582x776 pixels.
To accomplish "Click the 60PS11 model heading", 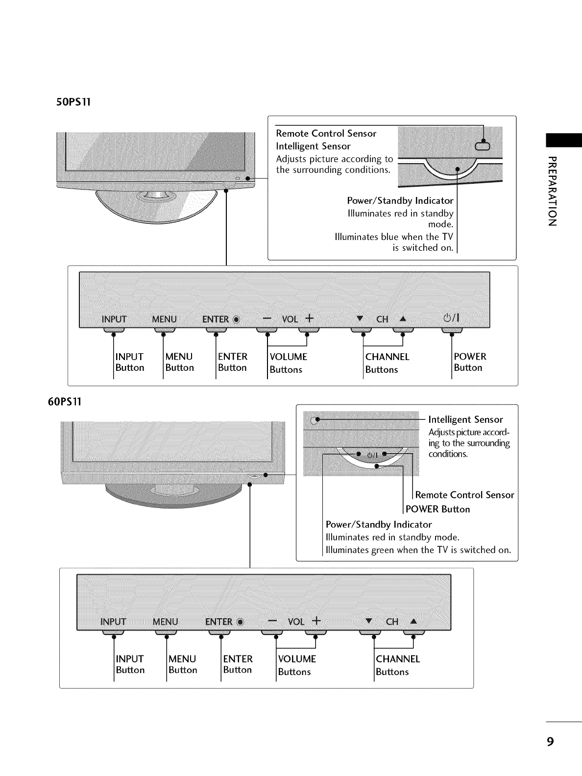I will (63, 402).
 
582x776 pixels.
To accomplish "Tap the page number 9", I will (551, 741).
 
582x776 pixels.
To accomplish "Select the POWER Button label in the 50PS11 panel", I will (470, 362).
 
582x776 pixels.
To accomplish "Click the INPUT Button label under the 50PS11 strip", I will (130, 362).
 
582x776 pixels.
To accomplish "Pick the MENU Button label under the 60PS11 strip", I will (182, 664).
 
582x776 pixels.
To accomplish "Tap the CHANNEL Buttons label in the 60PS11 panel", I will (397, 665).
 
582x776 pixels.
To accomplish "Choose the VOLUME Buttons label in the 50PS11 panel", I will (288, 363).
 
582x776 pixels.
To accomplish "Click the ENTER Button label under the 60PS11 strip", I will (238, 664).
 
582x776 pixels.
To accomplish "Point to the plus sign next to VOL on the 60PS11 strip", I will (316, 621).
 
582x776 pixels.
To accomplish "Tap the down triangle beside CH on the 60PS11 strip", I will (369, 621).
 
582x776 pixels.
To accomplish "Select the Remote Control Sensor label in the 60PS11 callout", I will (464, 495).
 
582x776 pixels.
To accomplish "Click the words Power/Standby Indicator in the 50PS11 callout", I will (400, 200).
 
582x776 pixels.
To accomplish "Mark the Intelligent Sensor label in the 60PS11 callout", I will (465, 419).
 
